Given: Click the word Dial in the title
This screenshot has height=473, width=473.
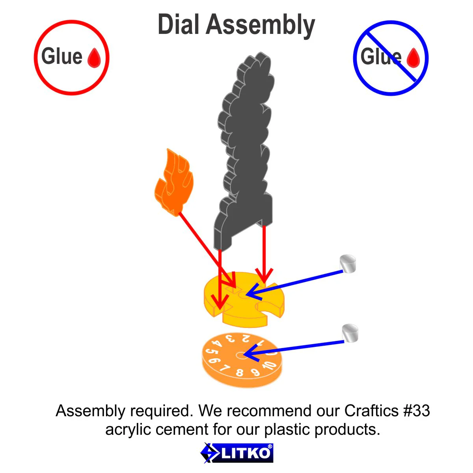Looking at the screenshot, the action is (178, 24).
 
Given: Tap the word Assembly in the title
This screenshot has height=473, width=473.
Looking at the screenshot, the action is (261, 26).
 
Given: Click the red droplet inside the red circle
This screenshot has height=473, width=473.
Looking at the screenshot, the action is (94, 58).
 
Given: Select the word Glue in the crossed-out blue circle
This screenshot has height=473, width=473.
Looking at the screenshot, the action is (381, 56).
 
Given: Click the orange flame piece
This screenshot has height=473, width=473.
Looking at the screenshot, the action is (174, 182).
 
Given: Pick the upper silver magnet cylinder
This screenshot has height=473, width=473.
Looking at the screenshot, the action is (348, 264).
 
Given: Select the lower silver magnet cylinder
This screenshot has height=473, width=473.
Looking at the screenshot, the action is (350, 333).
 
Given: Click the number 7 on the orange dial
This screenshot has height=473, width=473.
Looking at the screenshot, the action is (225, 368).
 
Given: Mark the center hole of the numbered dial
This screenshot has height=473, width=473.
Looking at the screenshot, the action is (241, 355).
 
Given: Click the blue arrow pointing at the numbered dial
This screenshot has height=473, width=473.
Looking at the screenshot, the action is (294, 348).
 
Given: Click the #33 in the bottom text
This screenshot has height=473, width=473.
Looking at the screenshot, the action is (417, 411).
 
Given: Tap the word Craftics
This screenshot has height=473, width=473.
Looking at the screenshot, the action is (372, 411).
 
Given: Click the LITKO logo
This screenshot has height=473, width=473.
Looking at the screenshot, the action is (236, 453).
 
